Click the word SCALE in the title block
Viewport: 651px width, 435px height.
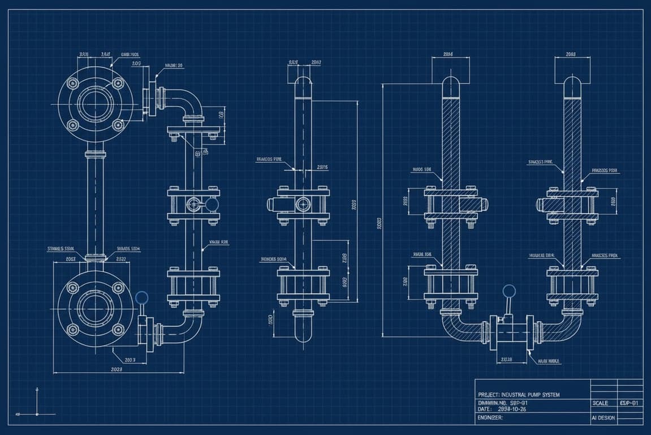(600, 403)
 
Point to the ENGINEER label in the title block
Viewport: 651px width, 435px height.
(490, 417)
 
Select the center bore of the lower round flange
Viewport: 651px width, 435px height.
(95, 309)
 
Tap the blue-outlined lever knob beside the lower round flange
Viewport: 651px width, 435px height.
(142, 297)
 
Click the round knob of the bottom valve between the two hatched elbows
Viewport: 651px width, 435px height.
(509, 291)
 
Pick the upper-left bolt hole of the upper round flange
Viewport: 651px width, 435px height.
(72, 83)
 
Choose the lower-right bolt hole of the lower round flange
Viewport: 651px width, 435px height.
(118, 329)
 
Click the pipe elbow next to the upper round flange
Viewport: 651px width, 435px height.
(187, 102)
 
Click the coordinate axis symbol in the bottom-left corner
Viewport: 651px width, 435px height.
(37, 414)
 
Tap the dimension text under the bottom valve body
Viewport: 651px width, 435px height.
(506, 360)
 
